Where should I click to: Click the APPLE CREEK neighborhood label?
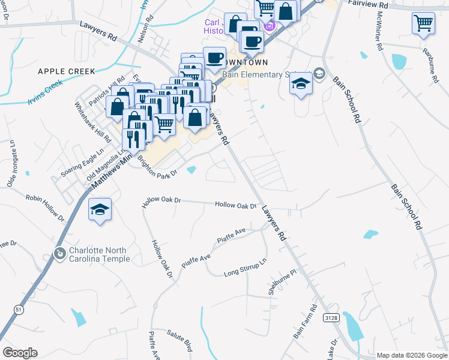(x=66, y=71)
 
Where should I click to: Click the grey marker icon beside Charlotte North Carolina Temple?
(x=59, y=254)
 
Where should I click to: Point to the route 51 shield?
(x=18, y=308)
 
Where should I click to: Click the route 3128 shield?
(x=330, y=317)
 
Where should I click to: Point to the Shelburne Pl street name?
(x=283, y=282)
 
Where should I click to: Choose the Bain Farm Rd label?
(x=305, y=322)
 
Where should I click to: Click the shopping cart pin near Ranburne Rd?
(x=423, y=23)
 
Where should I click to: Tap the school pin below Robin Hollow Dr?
(x=100, y=210)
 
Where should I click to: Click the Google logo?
(x=20, y=353)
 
